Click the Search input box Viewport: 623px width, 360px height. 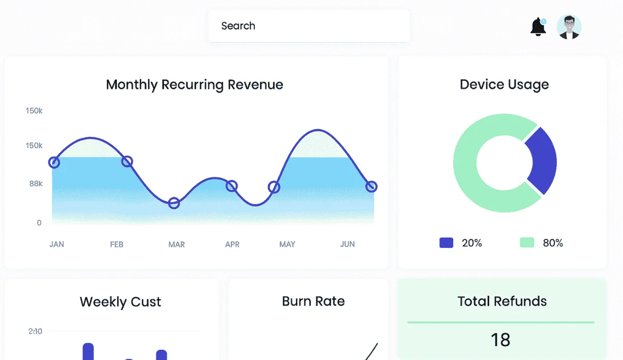click(x=309, y=26)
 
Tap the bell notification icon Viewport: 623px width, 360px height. click(x=538, y=27)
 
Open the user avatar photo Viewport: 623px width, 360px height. click(x=569, y=27)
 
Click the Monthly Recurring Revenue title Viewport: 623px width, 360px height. click(x=194, y=84)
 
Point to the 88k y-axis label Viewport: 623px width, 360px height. click(x=36, y=184)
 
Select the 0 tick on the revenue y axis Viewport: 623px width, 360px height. click(x=39, y=223)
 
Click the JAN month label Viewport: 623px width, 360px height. click(x=57, y=244)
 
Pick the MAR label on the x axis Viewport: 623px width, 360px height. click(x=176, y=244)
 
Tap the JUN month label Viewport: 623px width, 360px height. click(x=347, y=244)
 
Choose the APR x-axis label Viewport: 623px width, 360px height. click(x=233, y=244)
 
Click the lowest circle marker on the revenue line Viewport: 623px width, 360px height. click(x=174, y=203)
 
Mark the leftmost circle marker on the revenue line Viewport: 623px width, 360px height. click(x=54, y=163)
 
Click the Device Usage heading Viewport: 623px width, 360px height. click(x=504, y=84)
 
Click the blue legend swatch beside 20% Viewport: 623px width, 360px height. click(x=446, y=243)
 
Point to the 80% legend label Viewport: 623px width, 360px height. click(x=553, y=243)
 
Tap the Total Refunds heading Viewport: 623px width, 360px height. click(x=502, y=301)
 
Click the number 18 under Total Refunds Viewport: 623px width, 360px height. click(x=501, y=340)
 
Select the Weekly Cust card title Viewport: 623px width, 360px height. click(x=120, y=302)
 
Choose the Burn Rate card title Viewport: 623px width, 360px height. click(x=313, y=301)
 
